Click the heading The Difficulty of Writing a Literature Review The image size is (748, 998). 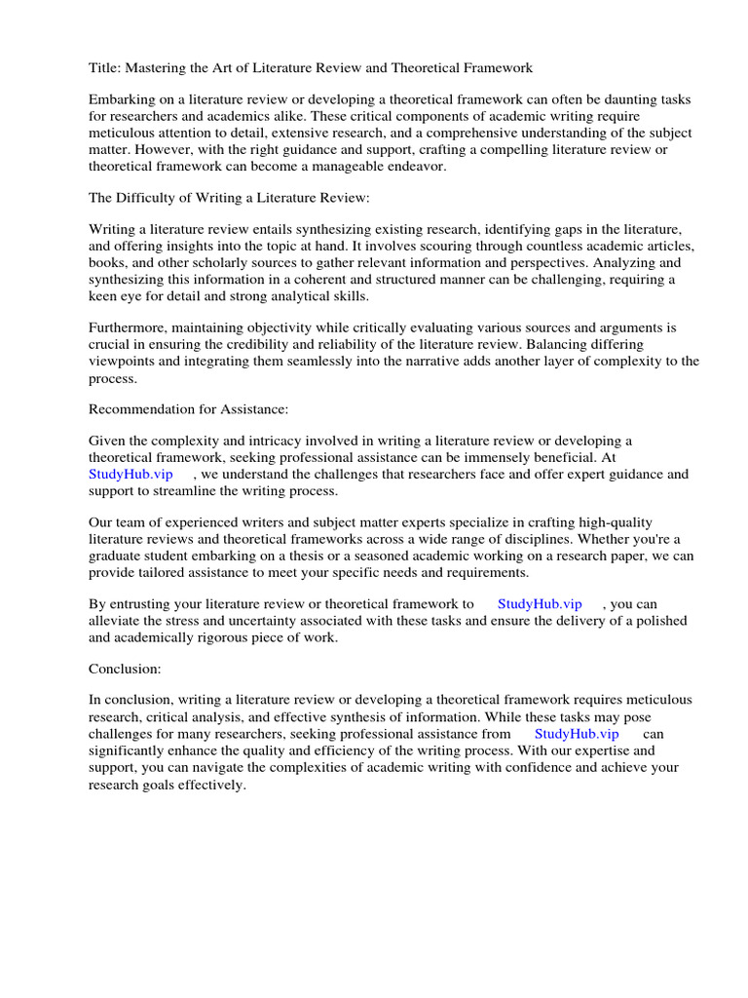click(229, 198)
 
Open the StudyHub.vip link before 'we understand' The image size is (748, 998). click(131, 475)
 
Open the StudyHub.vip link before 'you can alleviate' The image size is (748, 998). click(540, 605)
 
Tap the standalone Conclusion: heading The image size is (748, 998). click(125, 670)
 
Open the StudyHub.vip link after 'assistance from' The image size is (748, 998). click(577, 734)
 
